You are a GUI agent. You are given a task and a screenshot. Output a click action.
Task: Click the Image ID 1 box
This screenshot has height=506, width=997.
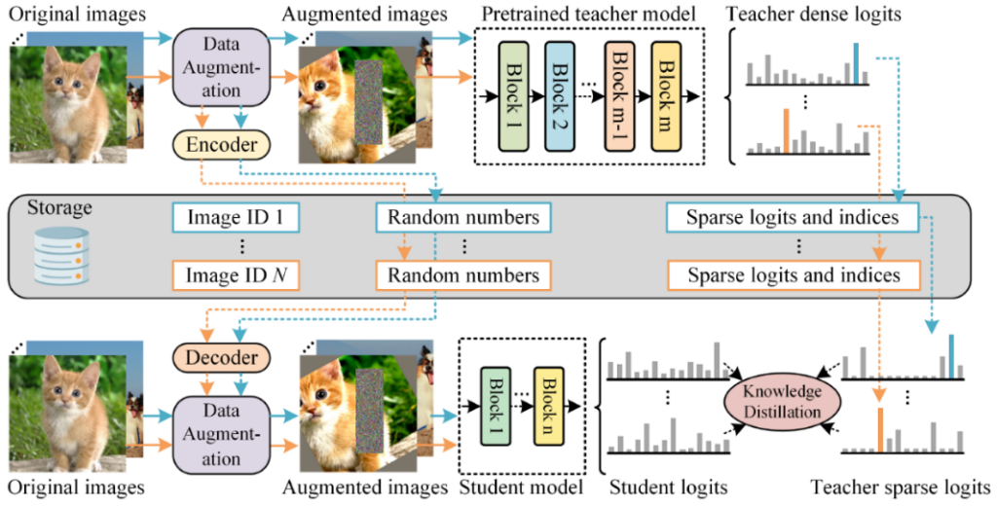[x=235, y=217]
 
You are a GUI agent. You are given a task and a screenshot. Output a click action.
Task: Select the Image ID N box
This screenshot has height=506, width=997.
[x=235, y=275]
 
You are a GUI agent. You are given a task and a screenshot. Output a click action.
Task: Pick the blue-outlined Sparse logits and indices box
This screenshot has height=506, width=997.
[x=793, y=217]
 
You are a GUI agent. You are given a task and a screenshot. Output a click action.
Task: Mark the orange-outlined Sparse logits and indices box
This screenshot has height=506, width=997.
[x=793, y=275]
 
